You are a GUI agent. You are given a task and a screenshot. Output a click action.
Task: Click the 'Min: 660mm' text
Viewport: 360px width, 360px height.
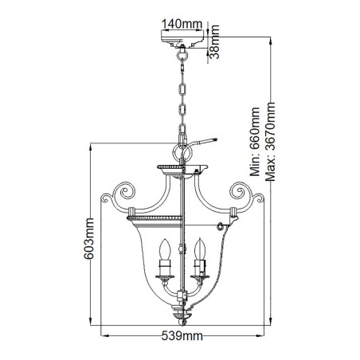[256, 139]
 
